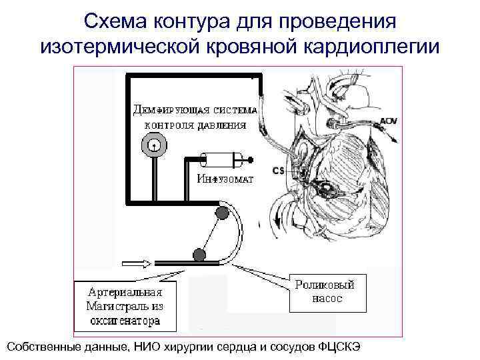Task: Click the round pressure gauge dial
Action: [153, 145]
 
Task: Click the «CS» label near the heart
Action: [279, 171]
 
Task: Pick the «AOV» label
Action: [388, 121]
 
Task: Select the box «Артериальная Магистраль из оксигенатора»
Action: [124, 306]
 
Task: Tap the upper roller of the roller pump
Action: [221, 213]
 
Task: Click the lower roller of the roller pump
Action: [199, 253]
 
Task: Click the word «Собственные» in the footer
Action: [45, 347]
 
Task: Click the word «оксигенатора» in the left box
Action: [124, 321]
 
